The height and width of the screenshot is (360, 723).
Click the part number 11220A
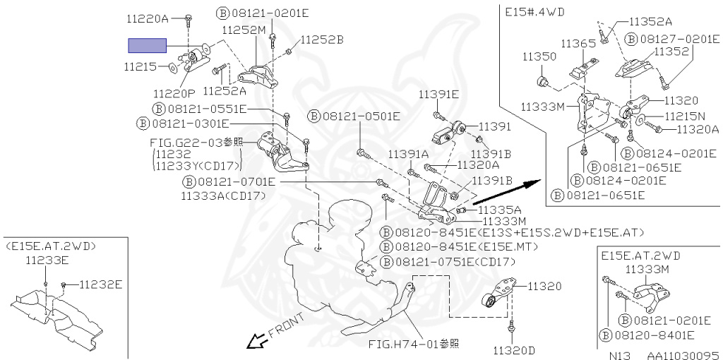pos(148,19)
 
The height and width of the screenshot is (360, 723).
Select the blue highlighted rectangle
pos(147,46)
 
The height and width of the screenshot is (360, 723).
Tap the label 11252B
pos(321,40)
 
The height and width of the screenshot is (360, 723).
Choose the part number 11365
pos(578,44)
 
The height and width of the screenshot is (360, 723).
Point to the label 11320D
pos(514,350)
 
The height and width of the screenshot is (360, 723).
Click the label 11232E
pos(100,284)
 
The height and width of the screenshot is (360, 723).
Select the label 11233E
pos(47,260)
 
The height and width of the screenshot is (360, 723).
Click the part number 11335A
pos(499,210)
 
